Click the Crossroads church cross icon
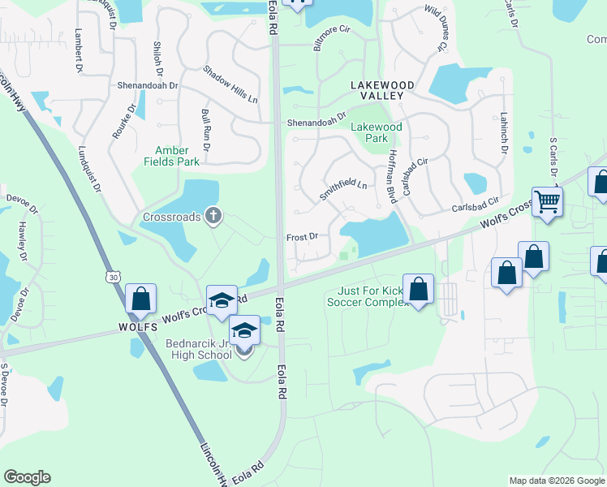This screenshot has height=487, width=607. point(213,216)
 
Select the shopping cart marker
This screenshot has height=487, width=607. point(548,201)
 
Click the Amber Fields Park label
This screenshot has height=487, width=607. point(171,156)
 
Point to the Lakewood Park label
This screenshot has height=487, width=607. point(376,132)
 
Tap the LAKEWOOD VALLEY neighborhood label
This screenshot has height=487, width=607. point(382,90)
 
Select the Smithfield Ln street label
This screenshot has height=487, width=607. point(342,190)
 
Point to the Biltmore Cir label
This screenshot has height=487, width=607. point(331,37)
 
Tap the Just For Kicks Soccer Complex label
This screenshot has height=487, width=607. point(366,296)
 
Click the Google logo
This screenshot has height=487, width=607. point(27,477)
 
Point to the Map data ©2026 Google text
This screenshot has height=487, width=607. point(557,481)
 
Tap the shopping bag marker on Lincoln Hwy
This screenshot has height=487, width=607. point(140,299)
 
